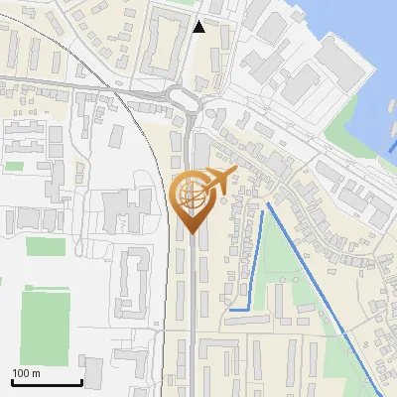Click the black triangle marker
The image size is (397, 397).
(x=199, y=27)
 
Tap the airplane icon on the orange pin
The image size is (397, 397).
(x=218, y=180)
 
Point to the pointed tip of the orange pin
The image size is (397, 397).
(x=190, y=233)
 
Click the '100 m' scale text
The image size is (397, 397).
(x=26, y=373)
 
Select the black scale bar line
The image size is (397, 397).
(x=47, y=383)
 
